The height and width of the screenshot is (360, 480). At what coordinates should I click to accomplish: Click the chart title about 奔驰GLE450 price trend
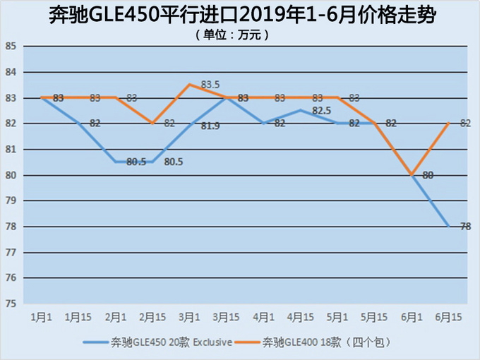tap(240, 14)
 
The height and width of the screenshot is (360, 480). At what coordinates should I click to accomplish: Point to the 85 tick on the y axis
tap(11, 47)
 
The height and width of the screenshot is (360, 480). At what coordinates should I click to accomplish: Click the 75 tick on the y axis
tap(11, 304)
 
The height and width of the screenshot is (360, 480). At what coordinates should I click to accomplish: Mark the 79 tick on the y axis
tap(11, 201)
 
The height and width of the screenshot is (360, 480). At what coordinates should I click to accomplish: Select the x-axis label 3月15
tap(226, 317)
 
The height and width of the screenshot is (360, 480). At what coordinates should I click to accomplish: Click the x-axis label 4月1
tap(263, 317)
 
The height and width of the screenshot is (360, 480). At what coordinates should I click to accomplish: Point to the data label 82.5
tap(321, 111)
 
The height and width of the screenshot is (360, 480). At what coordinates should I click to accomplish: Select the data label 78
tap(466, 227)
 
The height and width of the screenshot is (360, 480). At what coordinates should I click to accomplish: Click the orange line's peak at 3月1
tap(189, 85)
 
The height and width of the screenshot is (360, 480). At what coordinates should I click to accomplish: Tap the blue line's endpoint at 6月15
tap(449, 227)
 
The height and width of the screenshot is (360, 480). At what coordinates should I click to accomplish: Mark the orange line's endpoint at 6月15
tap(449, 124)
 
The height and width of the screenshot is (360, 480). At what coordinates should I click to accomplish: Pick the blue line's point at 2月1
tap(115, 162)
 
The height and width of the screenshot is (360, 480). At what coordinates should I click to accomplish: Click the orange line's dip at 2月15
tap(152, 124)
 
